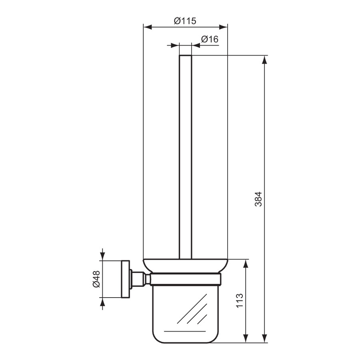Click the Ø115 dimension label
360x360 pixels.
185,21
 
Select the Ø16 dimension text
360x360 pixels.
209,39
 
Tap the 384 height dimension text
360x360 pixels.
259,199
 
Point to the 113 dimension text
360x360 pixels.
240,301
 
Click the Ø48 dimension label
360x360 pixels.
96,279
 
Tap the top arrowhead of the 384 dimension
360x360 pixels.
264,60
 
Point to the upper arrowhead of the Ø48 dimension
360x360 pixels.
103,255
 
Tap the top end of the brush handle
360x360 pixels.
185,56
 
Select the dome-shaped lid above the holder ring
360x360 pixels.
185,266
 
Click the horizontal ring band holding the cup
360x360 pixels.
185,279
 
